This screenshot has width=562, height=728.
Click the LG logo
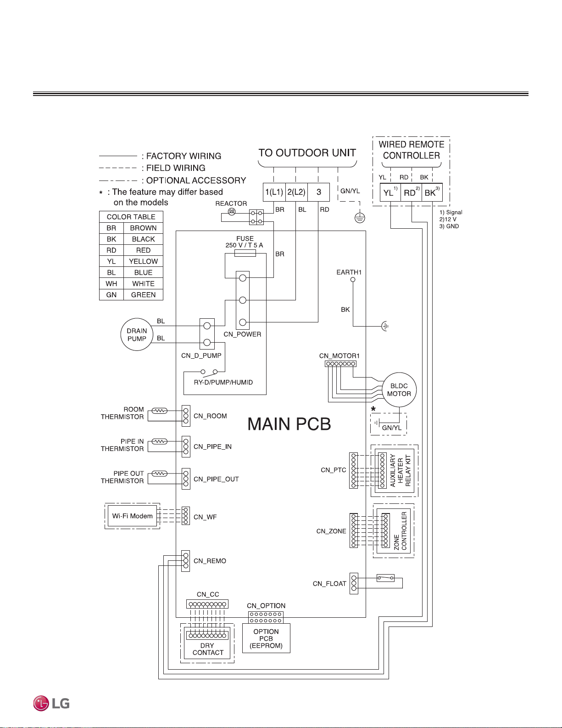(51, 703)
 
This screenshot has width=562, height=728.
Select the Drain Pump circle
(137, 334)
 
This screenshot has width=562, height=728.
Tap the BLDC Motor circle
(399, 389)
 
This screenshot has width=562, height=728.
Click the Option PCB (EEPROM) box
(266, 638)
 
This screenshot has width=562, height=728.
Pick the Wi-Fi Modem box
(132, 516)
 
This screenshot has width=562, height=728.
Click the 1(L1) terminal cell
(274, 192)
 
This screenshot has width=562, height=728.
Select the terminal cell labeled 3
(318, 192)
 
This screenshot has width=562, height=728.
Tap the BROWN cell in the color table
(143, 228)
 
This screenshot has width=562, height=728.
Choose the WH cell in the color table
(111, 283)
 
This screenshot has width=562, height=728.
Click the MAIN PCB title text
(289, 424)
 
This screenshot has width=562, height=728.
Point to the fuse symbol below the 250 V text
(245, 254)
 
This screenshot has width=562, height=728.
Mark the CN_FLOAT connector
(354, 583)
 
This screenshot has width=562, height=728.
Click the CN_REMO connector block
(186, 561)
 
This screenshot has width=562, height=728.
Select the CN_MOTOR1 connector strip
(340, 364)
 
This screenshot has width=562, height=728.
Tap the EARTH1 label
(349, 272)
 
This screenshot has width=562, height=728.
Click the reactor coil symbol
(232, 212)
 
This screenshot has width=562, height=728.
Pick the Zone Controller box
(394, 530)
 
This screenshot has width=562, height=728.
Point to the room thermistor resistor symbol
(160, 411)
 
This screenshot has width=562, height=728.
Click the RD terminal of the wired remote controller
(411, 192)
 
